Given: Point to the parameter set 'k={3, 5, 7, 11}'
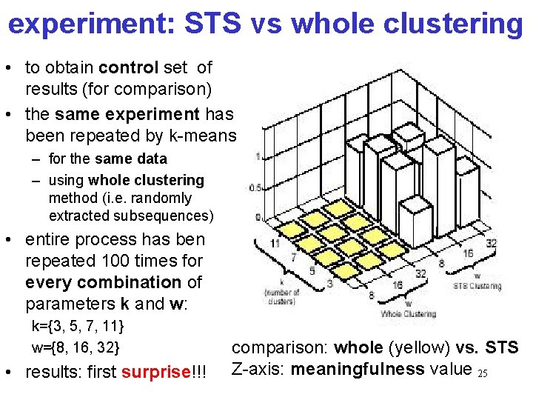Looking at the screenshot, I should (x=78, y=326).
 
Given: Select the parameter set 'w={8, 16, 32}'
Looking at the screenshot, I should (x=76, y=347).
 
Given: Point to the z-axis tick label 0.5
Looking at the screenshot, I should (x=253, y=187).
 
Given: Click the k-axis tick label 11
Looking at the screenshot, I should (x=275, y=243).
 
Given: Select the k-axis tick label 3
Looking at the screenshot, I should (x=329, y=283).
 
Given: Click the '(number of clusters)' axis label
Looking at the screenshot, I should (x=282, y=296).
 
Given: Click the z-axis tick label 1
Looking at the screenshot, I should (x=257, y=156).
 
